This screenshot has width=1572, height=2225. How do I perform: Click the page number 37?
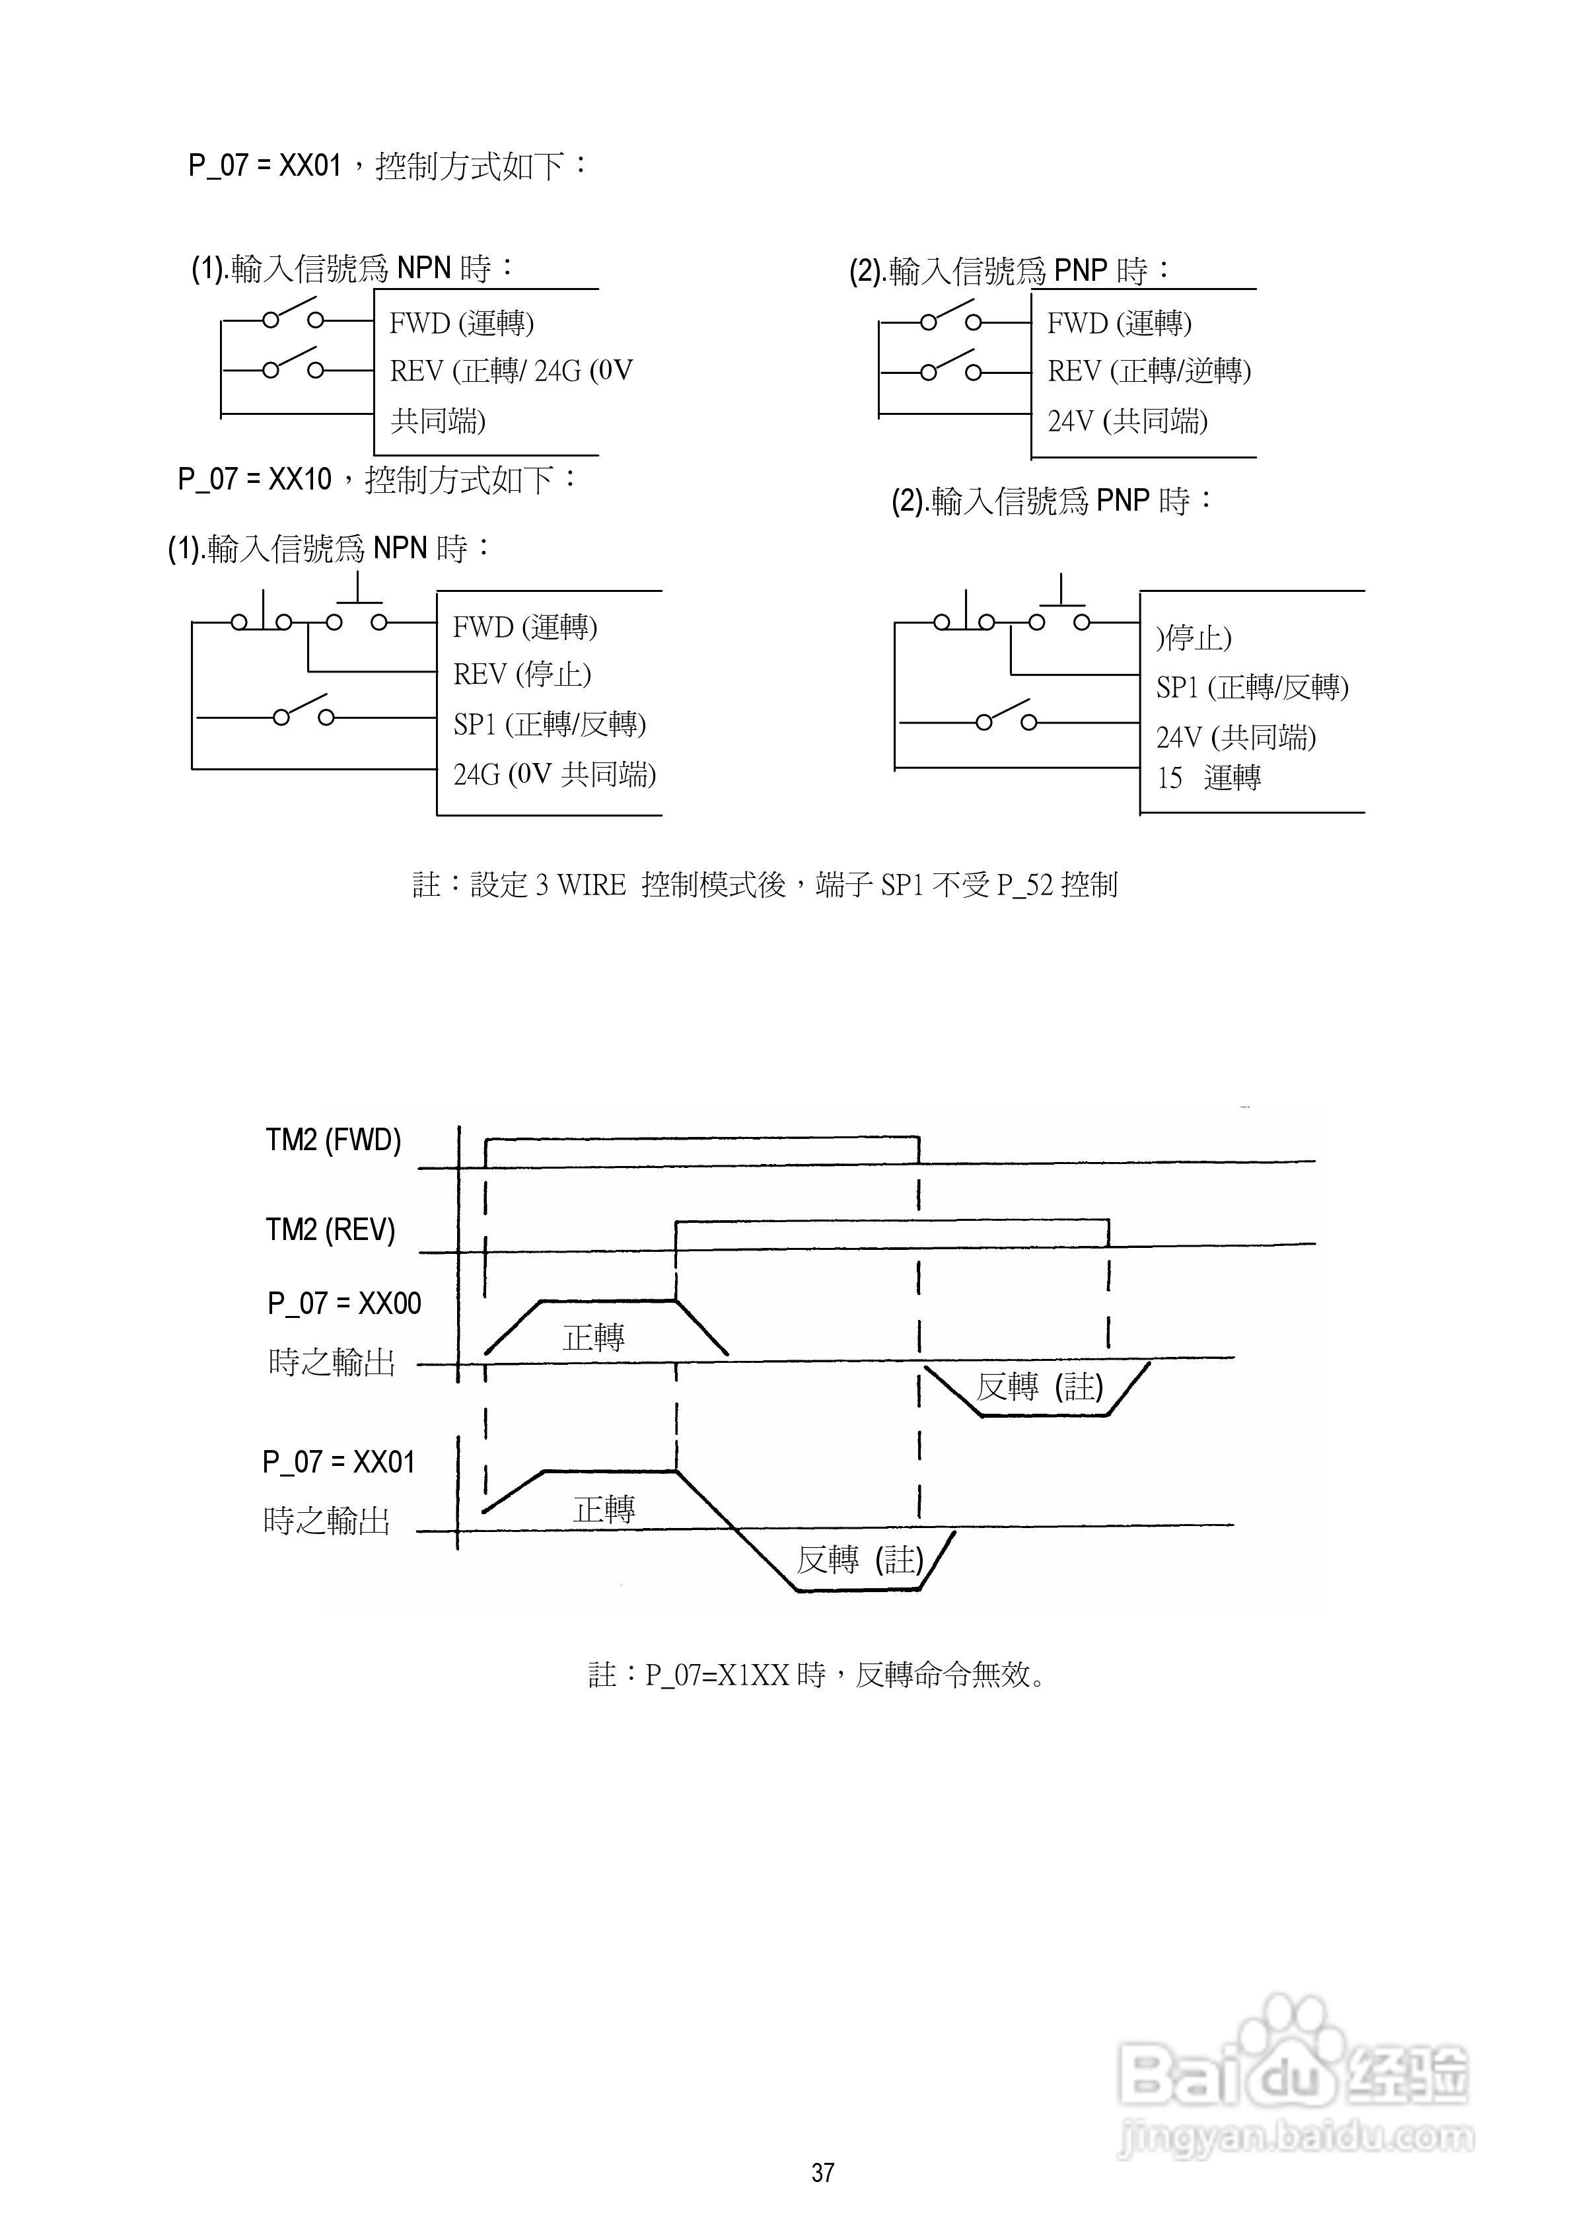click(823, 2173)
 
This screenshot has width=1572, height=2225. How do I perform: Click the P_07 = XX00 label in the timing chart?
click(344, 1303)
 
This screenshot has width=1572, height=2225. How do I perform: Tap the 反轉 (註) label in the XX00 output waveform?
click(1039, 1387)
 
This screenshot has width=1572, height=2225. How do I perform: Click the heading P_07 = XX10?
click(255, 479)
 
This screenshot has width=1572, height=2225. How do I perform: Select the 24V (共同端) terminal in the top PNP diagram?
click(1127, 421)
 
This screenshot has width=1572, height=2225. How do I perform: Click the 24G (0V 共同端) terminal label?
click(554, 774)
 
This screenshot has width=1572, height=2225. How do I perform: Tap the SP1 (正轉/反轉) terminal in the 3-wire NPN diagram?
click(550, 724)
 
